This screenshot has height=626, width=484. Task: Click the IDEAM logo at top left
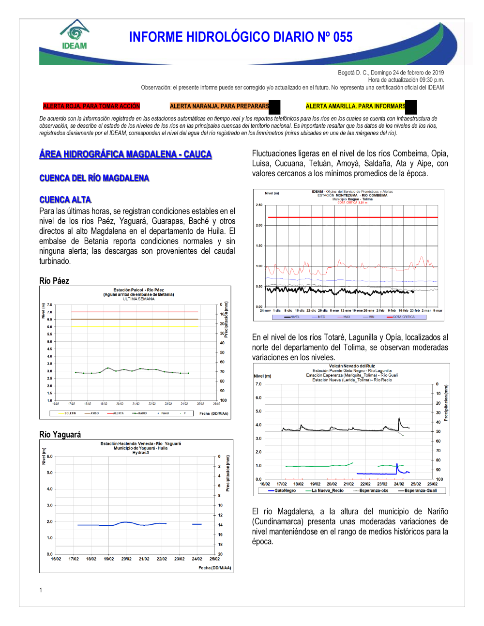75,35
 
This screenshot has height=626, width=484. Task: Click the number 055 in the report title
343,37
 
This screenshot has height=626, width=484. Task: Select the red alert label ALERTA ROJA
91,106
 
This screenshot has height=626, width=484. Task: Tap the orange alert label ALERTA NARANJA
219,106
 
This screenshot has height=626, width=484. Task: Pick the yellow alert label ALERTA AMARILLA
355,106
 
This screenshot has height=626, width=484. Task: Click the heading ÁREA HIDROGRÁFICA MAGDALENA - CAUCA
125,154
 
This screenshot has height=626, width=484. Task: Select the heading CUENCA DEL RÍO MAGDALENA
94,178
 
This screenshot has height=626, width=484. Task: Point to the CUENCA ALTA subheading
65,199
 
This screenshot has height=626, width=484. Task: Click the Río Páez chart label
54,281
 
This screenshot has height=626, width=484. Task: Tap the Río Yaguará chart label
60,434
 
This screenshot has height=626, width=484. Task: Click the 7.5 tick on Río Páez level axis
49,305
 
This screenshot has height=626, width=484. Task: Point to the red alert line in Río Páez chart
135,312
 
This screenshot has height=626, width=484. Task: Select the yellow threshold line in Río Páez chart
135,326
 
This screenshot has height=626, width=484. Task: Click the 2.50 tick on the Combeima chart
259,205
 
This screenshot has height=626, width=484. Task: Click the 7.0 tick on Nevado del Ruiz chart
258,384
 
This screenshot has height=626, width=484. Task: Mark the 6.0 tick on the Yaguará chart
49,457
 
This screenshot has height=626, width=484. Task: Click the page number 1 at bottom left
41,590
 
